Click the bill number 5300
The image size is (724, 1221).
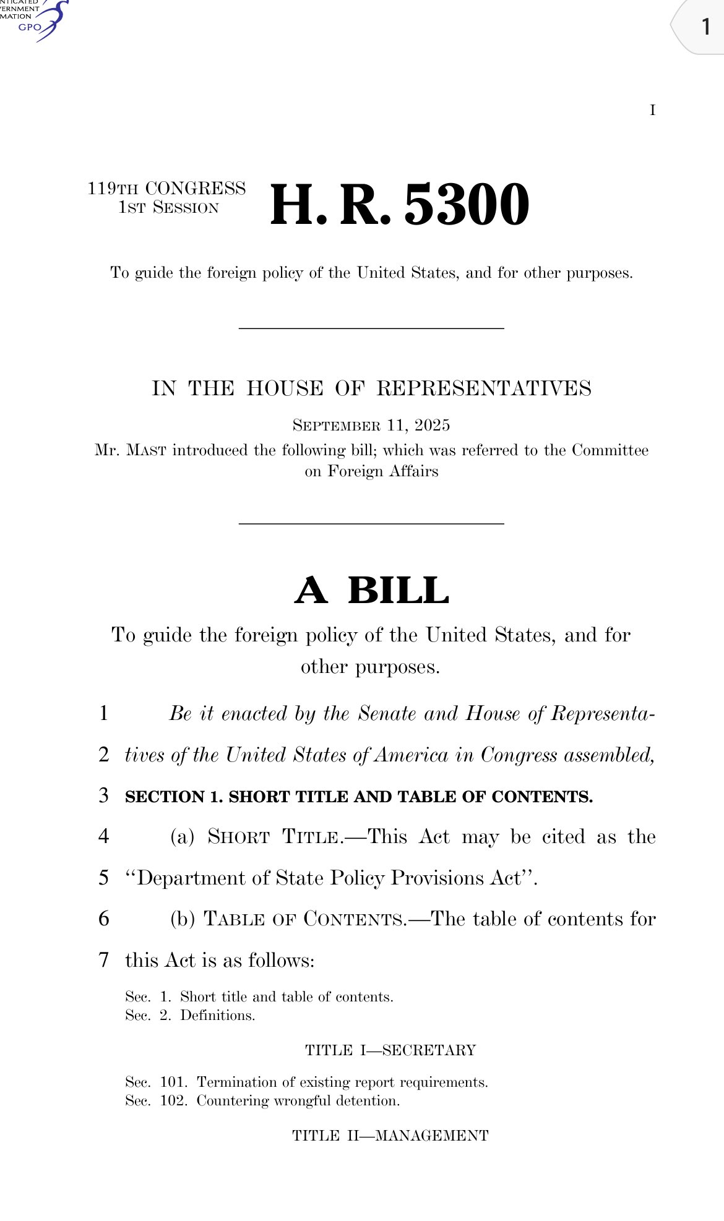coord(467,205)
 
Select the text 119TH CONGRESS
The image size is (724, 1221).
coord(166,188)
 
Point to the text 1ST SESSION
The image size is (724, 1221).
coord(168,208)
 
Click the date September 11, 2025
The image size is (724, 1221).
coord(371,426)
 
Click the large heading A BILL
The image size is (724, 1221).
coord(371,590)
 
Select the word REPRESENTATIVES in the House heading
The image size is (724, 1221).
coord(484,388)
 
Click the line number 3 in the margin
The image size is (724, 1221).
coord(104,795)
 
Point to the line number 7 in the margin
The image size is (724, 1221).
coord(104,960)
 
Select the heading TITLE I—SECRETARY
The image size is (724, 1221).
coord(390,1050)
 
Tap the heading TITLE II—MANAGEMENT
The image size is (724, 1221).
coord(390,1136)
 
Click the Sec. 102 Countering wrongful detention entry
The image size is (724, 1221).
coord(262,1101)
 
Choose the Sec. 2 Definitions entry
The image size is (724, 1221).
coord(190,1016)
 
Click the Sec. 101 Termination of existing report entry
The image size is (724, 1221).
coord(306,1082)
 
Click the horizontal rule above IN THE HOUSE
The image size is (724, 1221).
coord(371,328)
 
